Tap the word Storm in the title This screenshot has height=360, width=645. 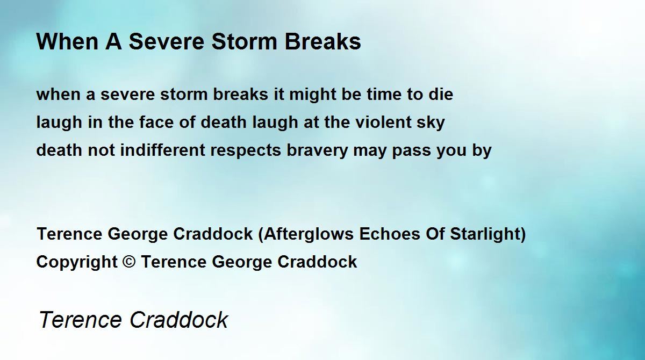coord(244,41)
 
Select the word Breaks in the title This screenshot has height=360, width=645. coord(323,41)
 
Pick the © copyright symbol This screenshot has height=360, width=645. coord(129,262)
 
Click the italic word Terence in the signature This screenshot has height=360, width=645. coord(81,319)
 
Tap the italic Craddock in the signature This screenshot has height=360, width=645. coord(179,319)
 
